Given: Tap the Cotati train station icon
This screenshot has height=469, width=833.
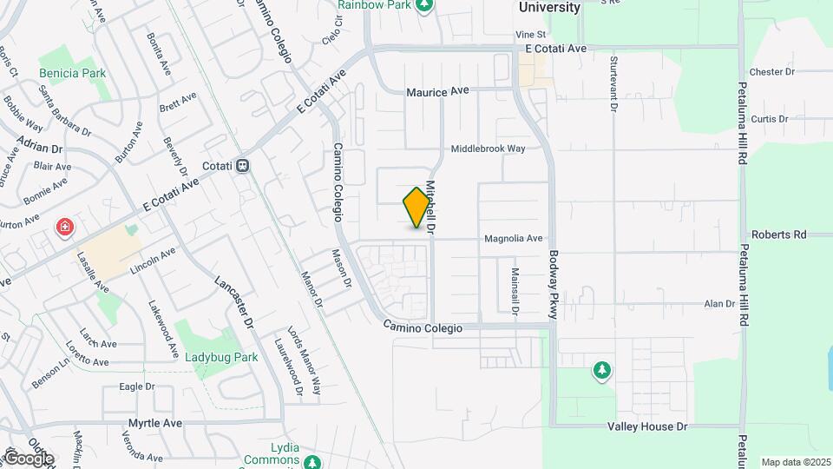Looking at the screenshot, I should [x=244, y=164].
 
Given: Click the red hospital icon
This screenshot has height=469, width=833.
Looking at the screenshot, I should [x=64, y=228].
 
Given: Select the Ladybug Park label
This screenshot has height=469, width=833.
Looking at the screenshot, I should [x=221, y=356].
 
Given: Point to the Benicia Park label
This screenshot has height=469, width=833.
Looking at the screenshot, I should [x=72, y=74].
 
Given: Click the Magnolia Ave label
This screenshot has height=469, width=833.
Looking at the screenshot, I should [x=513, y=238].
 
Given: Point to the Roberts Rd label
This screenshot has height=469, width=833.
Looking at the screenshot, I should [x=778, y=234].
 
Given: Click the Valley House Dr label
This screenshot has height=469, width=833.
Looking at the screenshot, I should [x=646, y=426].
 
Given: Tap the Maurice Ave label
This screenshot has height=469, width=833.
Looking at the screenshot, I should [x=438, y=91].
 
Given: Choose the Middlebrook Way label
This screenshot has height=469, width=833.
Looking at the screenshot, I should [x=488, y=149].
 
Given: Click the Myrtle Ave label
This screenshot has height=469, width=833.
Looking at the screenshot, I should [x=154, y=423].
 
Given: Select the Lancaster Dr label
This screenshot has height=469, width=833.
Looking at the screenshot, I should [x=233, y=302].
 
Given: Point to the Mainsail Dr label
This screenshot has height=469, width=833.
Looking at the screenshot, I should [x=515, y=290].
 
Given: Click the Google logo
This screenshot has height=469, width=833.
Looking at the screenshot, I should [x=28, y=459].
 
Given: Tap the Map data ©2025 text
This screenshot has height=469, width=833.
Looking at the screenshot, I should [x=794, y=462].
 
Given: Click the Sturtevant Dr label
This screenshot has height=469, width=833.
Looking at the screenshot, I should [x=613, y=85].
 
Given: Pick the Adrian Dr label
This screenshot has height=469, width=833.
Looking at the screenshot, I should [x=40, y=149].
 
